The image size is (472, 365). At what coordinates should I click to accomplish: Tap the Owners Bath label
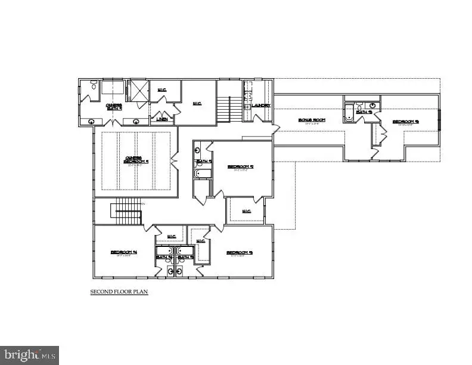click(114, 107)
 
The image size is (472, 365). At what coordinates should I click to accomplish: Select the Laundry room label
click(261, 106)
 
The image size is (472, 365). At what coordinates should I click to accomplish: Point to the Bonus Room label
click(312, 120)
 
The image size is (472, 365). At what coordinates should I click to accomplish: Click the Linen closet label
click(162, 119)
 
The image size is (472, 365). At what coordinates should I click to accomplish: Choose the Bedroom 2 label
click(240, 168)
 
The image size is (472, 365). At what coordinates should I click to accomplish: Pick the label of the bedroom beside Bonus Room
click(405, 122)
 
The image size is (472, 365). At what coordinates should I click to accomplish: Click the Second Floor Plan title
click(119, 292)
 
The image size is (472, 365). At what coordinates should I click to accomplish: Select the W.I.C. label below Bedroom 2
click(247, 210)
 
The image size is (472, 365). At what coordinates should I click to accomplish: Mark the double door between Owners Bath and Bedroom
click(113, 123)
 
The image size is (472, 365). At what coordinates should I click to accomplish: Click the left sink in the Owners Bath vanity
click(91, 121)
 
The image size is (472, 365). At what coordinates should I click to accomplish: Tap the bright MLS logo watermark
click(29, 355)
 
